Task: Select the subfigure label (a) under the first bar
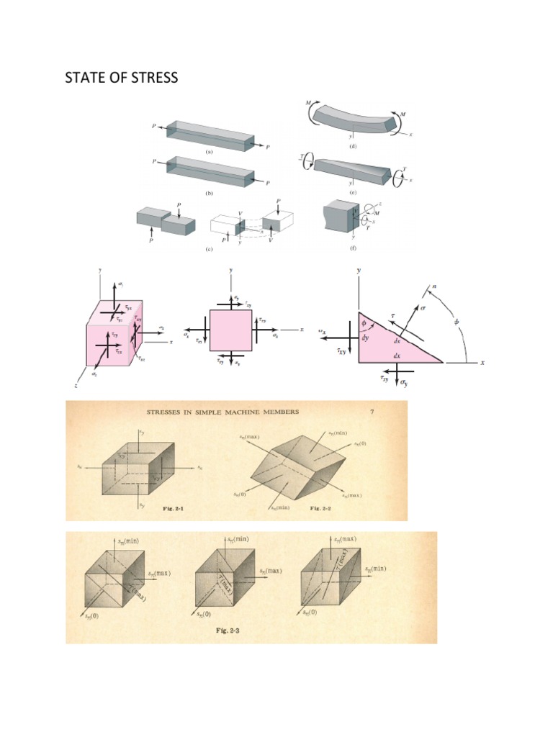point(209,153)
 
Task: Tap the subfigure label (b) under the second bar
point(209,194)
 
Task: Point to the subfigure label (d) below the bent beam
point(353,146)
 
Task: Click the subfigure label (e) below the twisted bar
point(353,194)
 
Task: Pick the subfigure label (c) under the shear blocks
point(209,249)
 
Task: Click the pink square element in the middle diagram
point(230,330)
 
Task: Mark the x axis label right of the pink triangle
point(482,363)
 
